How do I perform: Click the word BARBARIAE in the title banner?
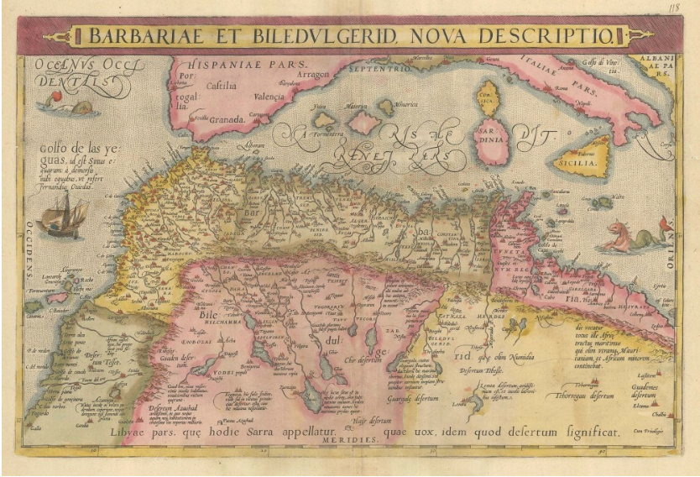coord(146,35)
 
